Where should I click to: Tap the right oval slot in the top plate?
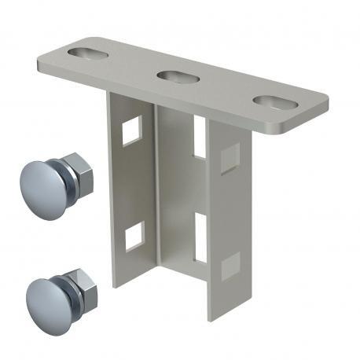[x=272, y=102]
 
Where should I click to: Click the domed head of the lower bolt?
[x=44, y=292]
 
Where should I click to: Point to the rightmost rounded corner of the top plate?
[x=321, y=108]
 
